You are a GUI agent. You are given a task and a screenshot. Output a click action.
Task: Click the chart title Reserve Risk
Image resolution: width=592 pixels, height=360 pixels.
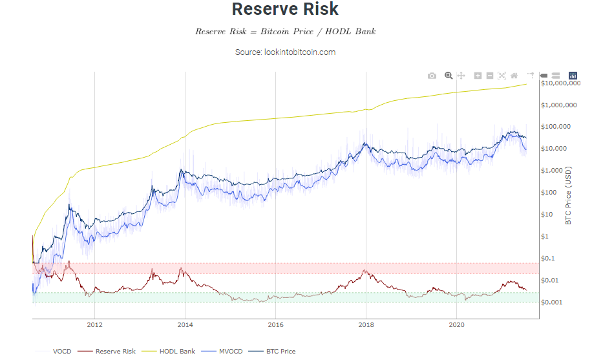(285, 9)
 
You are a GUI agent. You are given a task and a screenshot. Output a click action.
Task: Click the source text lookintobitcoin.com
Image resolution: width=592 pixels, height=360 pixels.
(300, 52)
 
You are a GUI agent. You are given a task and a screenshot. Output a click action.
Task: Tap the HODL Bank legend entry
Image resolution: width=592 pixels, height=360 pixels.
(169, 352)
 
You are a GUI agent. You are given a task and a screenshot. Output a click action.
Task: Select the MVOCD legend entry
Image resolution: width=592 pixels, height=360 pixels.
(222, 352)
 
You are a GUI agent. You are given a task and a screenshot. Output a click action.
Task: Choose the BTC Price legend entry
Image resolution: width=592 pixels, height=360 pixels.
(272, 352)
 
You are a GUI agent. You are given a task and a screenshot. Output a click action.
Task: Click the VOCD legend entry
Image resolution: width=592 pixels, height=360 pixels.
(53, 352)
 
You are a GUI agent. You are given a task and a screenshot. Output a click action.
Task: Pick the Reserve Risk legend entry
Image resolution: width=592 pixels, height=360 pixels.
(107, 352)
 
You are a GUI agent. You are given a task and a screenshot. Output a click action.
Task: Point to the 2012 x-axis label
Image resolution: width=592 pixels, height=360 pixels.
(94, 324)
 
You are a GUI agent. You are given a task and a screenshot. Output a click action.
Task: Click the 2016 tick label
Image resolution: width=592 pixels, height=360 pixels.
(275, 324)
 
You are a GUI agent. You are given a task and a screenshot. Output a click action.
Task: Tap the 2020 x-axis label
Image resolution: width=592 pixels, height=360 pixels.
(456, 324)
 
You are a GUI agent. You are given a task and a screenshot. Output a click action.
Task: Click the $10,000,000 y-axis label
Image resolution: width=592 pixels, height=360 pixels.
(561, 83)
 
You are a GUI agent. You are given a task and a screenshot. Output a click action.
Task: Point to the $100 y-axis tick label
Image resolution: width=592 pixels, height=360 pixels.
(549, 192)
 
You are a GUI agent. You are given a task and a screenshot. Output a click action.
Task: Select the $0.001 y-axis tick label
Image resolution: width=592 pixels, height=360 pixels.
(551, 302)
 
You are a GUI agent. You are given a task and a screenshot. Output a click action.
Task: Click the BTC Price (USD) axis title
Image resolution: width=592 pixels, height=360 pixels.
(568, 196)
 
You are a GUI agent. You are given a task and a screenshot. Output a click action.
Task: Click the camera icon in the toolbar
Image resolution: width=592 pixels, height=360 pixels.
(432, 76)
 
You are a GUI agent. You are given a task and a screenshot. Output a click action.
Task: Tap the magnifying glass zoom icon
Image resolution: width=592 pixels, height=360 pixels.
(449, 76)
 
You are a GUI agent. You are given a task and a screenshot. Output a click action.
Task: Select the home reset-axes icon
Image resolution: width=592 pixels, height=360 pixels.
(514, 76)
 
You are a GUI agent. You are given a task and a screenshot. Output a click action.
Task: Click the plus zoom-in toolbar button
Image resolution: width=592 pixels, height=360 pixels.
(478, 76)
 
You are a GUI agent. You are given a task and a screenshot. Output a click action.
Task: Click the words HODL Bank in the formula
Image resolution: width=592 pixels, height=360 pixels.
(350, 32)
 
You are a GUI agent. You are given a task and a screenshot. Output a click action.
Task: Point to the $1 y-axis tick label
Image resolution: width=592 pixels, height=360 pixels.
(545, 237)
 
